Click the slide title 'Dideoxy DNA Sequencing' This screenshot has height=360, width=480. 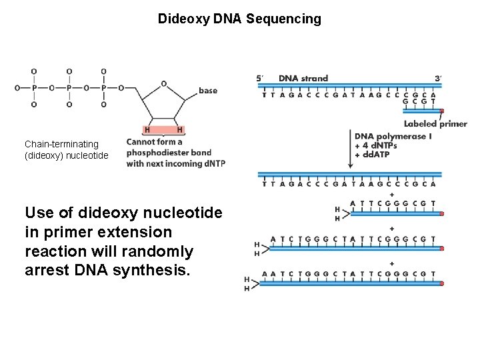pyautogui.click(x=239, y=19)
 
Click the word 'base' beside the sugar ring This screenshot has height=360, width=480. pyautogui.click(x=208, y=91)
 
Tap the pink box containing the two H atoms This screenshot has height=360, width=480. pyautogui.click(x=164, y=129)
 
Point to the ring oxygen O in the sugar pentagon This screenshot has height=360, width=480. pyautogui.click(x=164, y=84)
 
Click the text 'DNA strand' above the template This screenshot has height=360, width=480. pyautogui.click(x=303, y=78)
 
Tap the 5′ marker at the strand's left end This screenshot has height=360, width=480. pyautogui.click(x=261, y=78)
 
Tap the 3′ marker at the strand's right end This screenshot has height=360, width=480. pyautogui.click(x=437, y=78)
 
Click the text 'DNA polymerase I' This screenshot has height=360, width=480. pyautogui.click(x=393, y=137)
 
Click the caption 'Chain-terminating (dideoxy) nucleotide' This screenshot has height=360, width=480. pyautogui.click(x=66, y=149)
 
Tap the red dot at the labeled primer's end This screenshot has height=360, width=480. pyautogui.click(x=441, y=111)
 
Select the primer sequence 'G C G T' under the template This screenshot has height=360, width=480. pyautogui.click(x=420, y=103)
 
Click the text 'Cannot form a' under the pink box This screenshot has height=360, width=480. pyautogui.click(x=154, y=142)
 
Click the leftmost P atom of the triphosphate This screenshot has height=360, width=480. pyautogui.click(x=34, y=87)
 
